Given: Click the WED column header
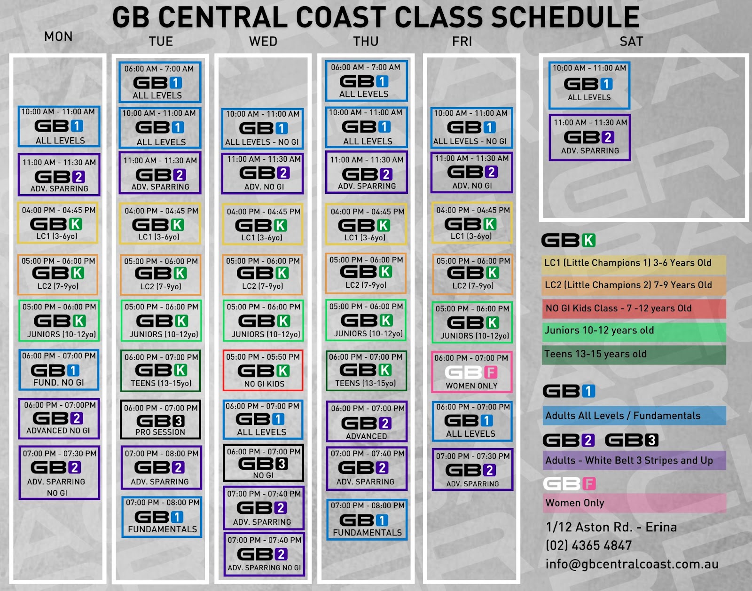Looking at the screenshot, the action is (x=263, y=41).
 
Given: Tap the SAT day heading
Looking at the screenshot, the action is (x=631, y=41).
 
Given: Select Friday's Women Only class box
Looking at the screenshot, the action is (x=471, y=372).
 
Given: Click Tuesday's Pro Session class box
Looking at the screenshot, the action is (x=161, y=419).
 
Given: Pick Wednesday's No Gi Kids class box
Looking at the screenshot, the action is (x=263, y=370).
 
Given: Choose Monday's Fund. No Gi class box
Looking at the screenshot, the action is (x=59, y=370).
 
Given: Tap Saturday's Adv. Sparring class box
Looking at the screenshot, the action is (x=590, y=137).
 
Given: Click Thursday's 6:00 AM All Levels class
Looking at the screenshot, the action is (x=366, y=80).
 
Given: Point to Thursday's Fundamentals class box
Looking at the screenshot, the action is (x=367, y=520).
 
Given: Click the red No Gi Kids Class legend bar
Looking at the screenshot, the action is (x=634, y=308).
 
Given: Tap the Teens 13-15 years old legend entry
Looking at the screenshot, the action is (x=634, y=355).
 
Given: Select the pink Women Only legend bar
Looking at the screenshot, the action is (x=634, y=503).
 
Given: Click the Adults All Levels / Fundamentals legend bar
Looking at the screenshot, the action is (x=634, y=416).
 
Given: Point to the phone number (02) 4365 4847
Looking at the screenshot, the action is (x=588, y=546).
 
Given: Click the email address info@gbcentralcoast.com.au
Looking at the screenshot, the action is (x=632, y=564).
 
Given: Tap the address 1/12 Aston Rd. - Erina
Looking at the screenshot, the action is (x=611, y=527).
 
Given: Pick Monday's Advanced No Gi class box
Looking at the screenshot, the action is (x=59, y=418).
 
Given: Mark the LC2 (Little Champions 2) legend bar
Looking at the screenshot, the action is (x=634, y=285).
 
